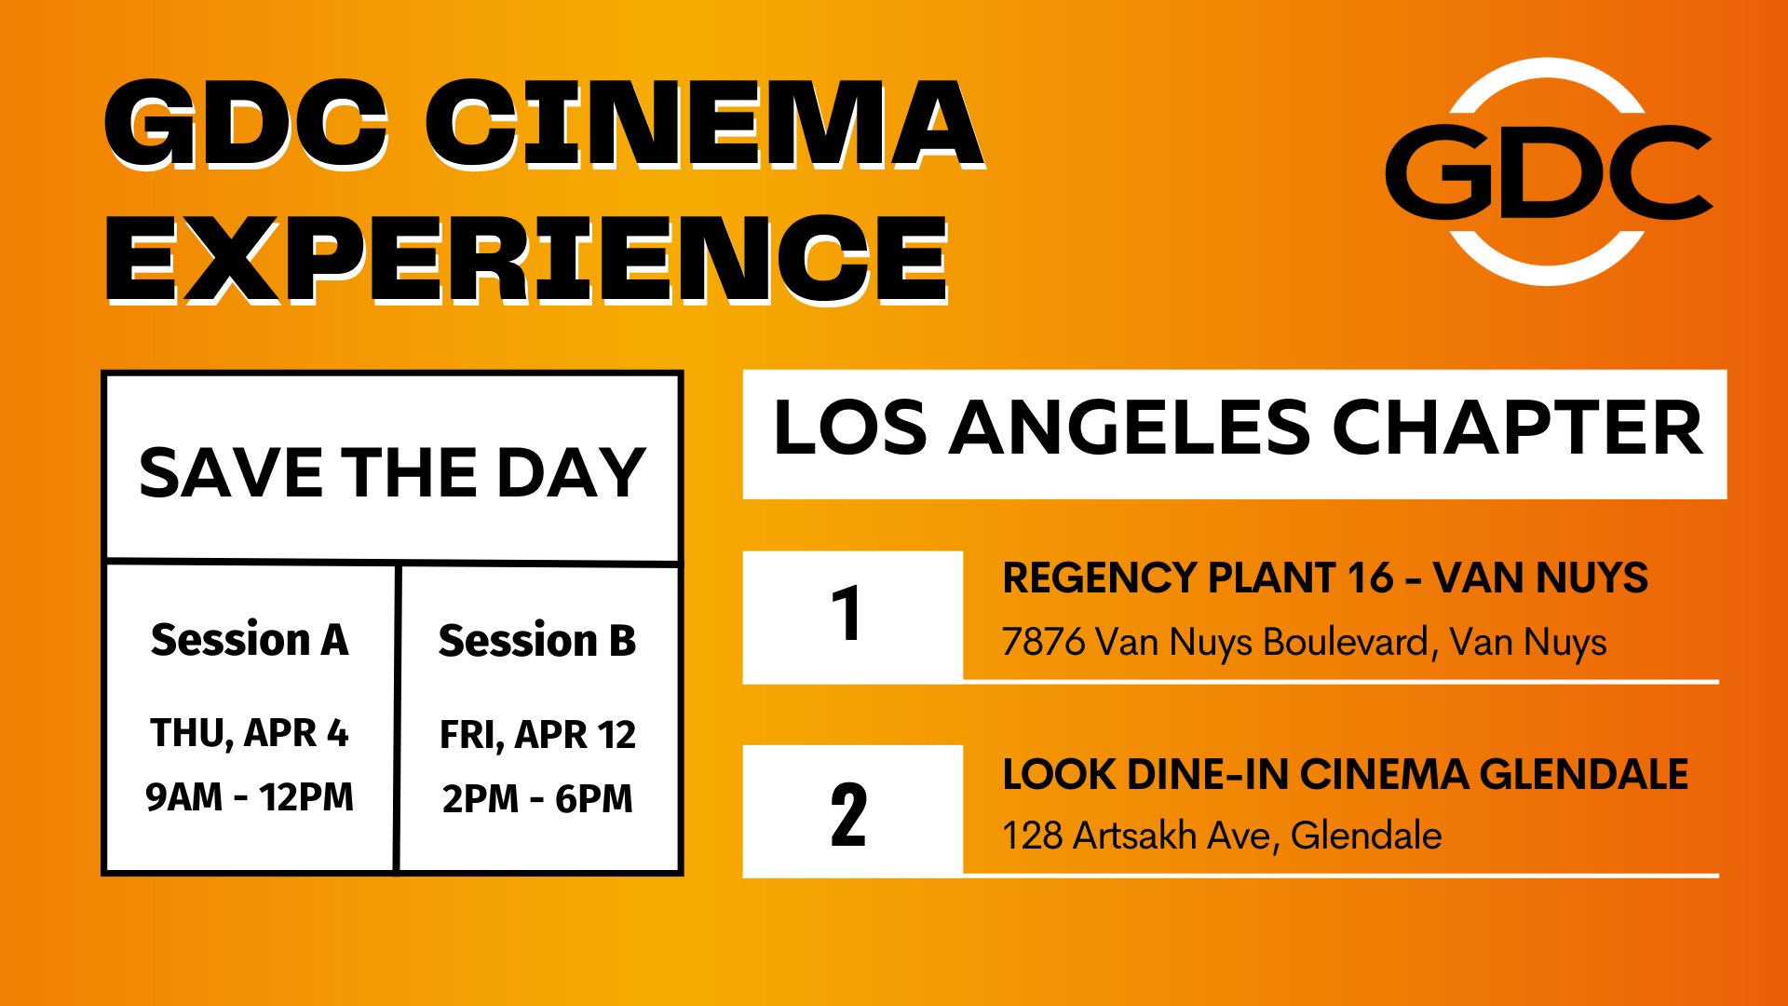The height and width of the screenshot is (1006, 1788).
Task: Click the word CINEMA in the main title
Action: [x=704, y=123]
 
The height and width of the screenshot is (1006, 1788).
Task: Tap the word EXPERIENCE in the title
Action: [x=527, y=258]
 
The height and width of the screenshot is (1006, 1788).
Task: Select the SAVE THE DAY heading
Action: [x=392, y=472]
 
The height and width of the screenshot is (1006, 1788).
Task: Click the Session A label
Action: [x=250, y=640]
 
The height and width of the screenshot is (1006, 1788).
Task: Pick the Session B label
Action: [x=537, y=641]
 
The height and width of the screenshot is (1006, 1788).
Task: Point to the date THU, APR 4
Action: [x=250, y=733]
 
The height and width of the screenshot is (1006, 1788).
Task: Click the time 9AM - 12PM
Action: [x=250, y=797]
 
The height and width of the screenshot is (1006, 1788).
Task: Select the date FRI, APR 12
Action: [x=537, y=735]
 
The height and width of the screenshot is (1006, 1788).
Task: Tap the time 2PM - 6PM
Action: [x=537, y=799]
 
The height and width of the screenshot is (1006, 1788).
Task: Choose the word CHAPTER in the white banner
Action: [x=1517, y=428]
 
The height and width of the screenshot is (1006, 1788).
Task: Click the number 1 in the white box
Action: [x=847, y=615]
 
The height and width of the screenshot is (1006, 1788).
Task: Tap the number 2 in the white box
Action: [x=847, y=815]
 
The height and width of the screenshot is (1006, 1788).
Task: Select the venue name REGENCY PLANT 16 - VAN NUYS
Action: [x=1324, y=578]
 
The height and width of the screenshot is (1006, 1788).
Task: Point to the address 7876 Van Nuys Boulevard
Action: [x=1304, y=643]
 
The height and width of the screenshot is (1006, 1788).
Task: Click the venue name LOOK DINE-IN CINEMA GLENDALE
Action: [x=1345, y=774]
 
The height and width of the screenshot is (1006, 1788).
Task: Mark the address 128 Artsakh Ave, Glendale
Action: [x=1222, y=836]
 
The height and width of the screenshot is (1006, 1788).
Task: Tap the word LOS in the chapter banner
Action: [x=849, y=428]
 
